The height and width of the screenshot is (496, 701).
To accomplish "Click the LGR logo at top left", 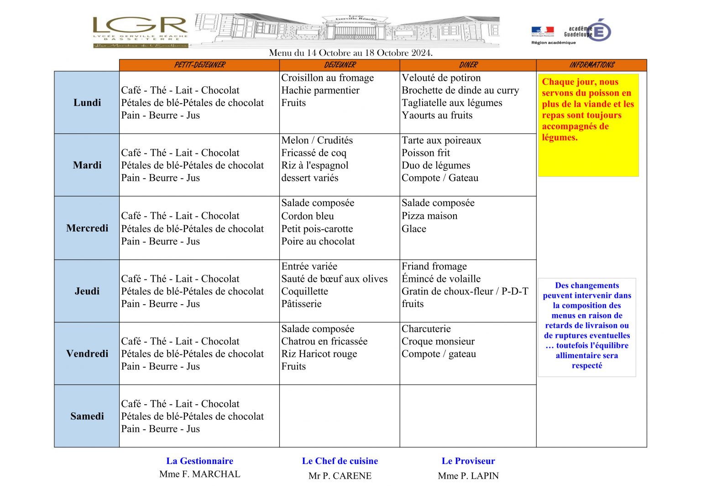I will (x=140, y=31).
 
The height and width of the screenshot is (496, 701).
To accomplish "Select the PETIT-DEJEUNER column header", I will (x=199, y=65).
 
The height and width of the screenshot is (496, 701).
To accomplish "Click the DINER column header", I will (x=468, y=65).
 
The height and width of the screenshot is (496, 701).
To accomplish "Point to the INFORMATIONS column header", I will (x=591, y=65).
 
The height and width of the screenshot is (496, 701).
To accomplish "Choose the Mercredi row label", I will (x=87, y=228).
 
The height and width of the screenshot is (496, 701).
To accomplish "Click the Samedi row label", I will (x=87, y=416).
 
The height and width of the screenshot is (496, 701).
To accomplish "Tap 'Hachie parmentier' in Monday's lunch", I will (x=320, y=90).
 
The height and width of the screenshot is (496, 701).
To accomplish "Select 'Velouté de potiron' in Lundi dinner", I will (x=441, y=78).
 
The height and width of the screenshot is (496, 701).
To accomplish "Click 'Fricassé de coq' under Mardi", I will (x=314, y=153).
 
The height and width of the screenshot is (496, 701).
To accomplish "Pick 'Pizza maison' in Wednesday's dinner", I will (x=429, y=216).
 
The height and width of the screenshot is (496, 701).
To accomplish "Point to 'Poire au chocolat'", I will (x=318, y=241).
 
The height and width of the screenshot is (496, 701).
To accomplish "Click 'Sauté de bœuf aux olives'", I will (x=335, y=279).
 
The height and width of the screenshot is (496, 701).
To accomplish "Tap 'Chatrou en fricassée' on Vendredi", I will (x=324, y=341).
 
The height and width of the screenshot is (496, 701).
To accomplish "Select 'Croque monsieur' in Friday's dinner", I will (x=438, y=341).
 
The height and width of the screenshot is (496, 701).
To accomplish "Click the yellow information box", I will (x=588, y=125).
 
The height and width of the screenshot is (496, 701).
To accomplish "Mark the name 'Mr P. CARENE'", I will (x=340, y=476).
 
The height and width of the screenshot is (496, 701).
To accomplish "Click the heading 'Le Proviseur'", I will (x=468, y=461).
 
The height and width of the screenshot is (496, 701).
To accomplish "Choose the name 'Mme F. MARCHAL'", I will (x=200, y=474).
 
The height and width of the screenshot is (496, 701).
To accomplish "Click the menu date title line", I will (x=350, y=53).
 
